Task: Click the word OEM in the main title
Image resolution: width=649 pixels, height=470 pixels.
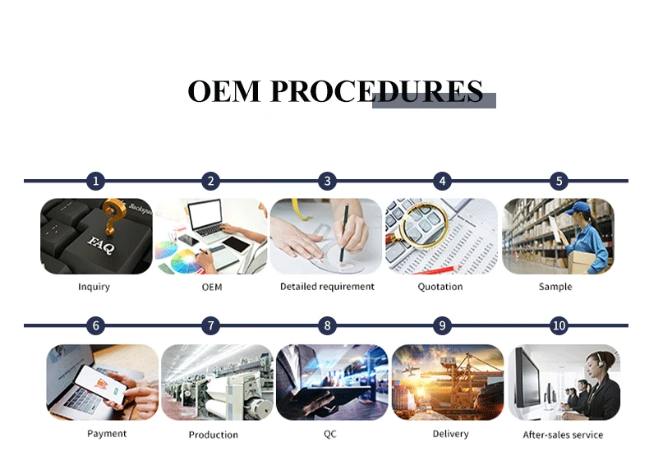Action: point(224,91)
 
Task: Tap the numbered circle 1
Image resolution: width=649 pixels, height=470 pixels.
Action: point(96,181)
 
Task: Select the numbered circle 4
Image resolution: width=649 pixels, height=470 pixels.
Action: point(443,181)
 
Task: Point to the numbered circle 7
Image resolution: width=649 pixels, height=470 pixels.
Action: point(212,326)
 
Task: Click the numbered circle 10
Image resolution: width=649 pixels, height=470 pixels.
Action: point(559,326)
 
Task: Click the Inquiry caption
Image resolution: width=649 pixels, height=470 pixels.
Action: point(94,287)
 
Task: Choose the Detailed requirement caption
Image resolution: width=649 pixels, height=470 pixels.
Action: point(327,287)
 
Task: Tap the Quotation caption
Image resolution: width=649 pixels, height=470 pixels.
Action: point(440,287)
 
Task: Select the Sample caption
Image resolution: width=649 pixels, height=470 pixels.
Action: point(555,287)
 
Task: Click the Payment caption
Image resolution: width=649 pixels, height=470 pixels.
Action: point(107,433)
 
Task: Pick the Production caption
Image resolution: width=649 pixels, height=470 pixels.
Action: point(213,435)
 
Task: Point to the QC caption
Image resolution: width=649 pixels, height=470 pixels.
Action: point(329,434)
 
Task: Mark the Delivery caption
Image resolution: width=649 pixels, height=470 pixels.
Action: point(450,433)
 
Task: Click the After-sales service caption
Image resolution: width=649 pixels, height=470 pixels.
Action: point(563,435)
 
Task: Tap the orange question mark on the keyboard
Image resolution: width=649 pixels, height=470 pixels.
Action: point(113,220)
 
